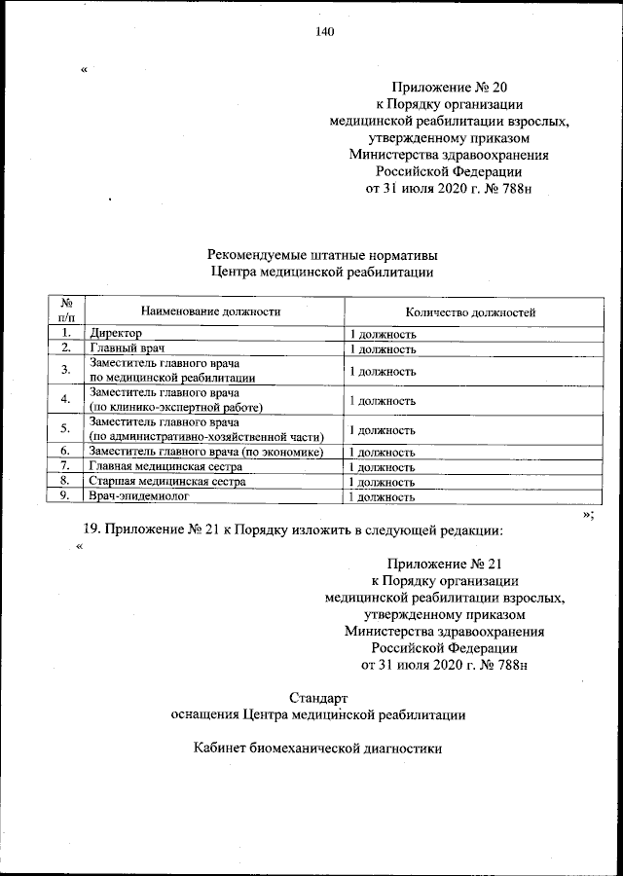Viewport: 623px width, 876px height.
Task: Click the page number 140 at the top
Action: coord(324,32)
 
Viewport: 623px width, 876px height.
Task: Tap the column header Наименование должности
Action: coord(210,311)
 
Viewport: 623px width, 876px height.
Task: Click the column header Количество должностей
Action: coord(470,311)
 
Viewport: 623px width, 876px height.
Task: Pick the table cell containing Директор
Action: coord(116,334)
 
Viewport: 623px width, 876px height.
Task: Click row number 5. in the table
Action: coord(65,429)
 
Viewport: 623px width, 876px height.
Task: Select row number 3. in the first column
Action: coord(65,370)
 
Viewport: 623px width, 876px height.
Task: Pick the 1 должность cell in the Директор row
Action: coord(384,334)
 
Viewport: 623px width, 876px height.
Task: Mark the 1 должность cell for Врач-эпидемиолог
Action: coord(384,496)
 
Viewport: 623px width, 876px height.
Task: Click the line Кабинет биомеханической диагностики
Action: coord(318,749)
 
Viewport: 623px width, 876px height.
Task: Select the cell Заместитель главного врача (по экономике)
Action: coord(205,453)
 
